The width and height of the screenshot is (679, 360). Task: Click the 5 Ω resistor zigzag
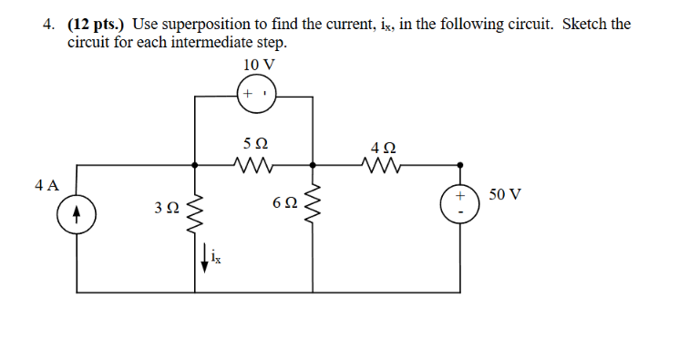tap(254, 165)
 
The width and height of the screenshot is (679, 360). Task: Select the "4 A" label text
tap(47, 185)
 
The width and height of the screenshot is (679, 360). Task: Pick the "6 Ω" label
tap(284, 201)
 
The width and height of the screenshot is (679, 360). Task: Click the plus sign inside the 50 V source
tap(461, 197)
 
